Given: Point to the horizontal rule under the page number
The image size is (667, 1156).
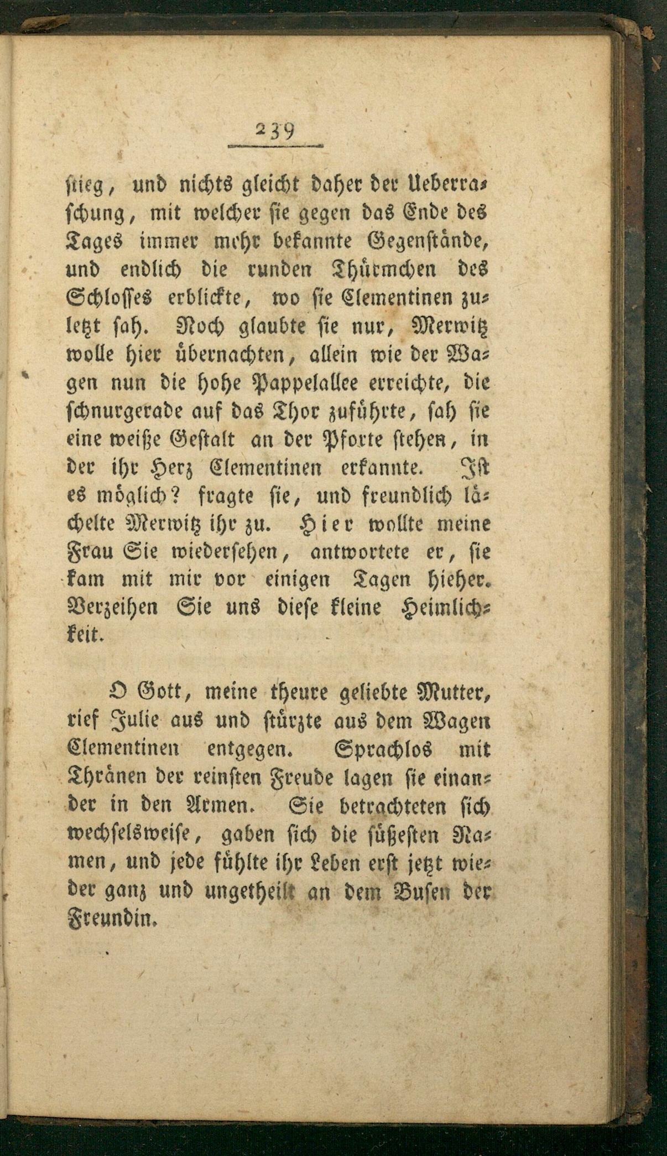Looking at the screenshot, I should click(275, 146).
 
